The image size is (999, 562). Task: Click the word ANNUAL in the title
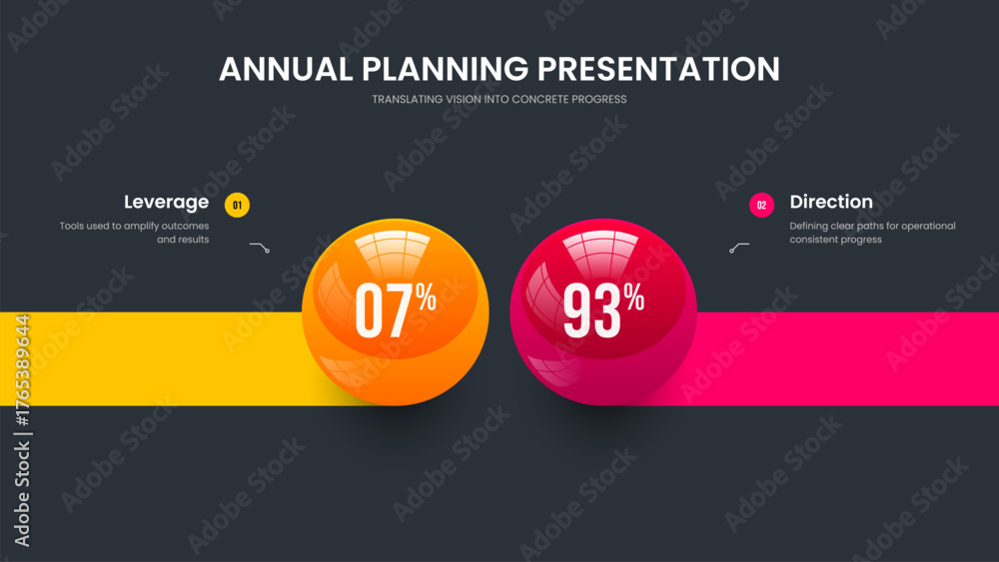point(286,69)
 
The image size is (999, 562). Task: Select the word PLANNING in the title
point(446,69)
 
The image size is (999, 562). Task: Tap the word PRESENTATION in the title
point(658,69)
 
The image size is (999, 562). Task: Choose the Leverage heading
point(166,203)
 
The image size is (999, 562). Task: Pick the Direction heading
point(831,202)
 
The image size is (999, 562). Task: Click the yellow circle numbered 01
point(237,205)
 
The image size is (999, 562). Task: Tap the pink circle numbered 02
point(761,205)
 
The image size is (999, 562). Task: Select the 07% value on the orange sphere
point(395,308)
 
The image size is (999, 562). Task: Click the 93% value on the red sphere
point(602,308)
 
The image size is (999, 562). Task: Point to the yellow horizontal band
point(153,358)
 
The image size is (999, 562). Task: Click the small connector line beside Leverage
point(260,247)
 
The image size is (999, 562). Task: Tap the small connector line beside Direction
point(739,247)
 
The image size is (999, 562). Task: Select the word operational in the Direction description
point(929,226)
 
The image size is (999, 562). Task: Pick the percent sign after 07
point(427,295)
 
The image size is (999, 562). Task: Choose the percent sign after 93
point(634,295)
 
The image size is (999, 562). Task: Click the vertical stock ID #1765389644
point(22,371)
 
